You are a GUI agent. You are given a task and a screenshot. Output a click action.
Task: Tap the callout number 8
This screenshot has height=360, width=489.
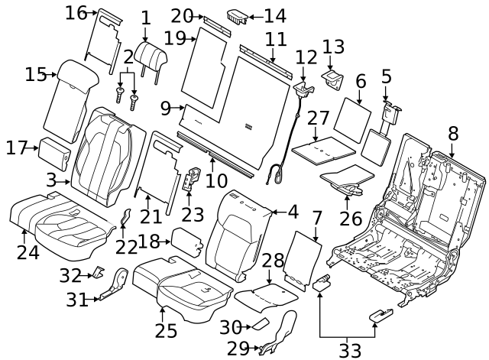pos(453,133)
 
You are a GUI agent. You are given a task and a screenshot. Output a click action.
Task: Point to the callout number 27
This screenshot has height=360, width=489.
pos(318,118)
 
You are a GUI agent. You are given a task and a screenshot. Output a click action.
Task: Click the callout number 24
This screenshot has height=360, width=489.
pos(28,251)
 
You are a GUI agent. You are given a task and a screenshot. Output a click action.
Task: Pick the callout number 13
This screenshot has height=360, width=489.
pos(334,47)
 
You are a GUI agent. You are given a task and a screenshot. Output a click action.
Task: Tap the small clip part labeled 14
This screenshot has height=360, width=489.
pos(237,16)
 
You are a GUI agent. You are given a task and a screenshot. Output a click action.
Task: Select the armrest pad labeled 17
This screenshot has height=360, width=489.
pos(55,152)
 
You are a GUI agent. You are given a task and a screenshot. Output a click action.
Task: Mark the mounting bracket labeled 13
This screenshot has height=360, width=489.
pos(333,77)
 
